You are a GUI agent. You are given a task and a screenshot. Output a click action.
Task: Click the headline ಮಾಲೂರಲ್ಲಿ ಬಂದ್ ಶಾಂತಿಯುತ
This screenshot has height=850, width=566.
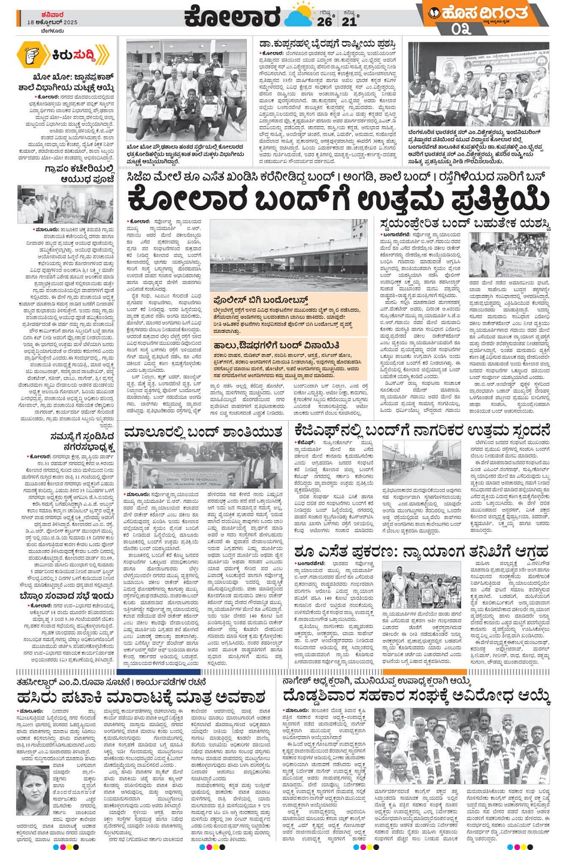tap(204, 432)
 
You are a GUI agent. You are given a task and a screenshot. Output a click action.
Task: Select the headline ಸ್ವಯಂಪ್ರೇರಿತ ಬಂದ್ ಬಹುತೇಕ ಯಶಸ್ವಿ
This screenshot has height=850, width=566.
tap(465, 224)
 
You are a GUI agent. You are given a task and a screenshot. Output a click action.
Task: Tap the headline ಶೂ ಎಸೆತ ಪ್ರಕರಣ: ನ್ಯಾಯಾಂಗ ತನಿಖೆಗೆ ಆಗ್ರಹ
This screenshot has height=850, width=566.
tap(421, 551)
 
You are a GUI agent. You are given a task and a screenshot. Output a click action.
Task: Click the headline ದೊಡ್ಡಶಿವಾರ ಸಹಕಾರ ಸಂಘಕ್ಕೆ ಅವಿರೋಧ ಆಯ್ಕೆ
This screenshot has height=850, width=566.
tap(416, 696)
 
